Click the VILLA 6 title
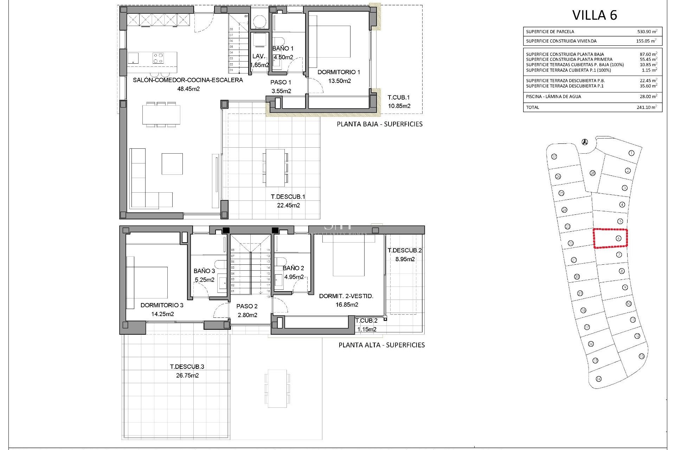[594, 15]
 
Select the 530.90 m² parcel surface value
[647, 32]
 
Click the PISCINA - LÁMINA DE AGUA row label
[553, 97]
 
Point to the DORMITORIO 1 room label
[339, 72]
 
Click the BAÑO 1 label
[283, 49]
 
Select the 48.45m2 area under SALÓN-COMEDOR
[188, 89]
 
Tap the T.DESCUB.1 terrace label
[285, 197]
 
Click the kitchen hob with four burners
[158, 57]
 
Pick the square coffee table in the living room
[172, 163]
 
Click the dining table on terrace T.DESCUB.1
[275, 168]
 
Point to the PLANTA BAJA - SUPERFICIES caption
[379, 124]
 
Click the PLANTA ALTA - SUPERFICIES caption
[381, 345]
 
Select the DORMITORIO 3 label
[162, 305]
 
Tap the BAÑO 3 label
[204, 271]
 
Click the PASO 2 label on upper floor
[247, 306]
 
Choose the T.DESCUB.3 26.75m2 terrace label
[187, 371]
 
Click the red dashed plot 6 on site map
[610, 238]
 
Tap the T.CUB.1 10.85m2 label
[399, 101]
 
